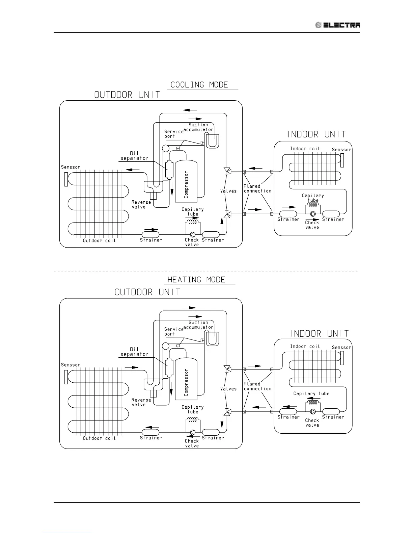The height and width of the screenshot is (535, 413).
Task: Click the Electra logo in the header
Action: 337,25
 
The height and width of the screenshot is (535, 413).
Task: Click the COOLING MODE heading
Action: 199,85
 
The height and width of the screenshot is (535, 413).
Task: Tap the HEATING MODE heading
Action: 196,280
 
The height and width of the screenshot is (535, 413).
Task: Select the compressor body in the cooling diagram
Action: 186,181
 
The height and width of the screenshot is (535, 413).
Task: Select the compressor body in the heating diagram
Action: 186,379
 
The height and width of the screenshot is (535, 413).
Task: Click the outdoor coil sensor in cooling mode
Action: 65,179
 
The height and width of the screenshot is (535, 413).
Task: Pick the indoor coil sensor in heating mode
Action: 342,358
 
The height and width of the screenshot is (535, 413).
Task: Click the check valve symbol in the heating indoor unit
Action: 313,411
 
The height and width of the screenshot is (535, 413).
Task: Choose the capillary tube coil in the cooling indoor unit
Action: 313,205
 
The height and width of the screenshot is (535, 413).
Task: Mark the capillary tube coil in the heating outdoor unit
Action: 193,420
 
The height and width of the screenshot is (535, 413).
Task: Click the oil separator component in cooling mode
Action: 168,166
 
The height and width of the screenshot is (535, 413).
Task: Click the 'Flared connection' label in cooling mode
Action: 257,188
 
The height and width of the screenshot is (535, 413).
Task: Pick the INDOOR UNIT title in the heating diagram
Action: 319,334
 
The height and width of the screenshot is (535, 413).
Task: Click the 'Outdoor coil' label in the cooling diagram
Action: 99,240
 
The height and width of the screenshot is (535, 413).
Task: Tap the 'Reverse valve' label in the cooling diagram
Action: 141,205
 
